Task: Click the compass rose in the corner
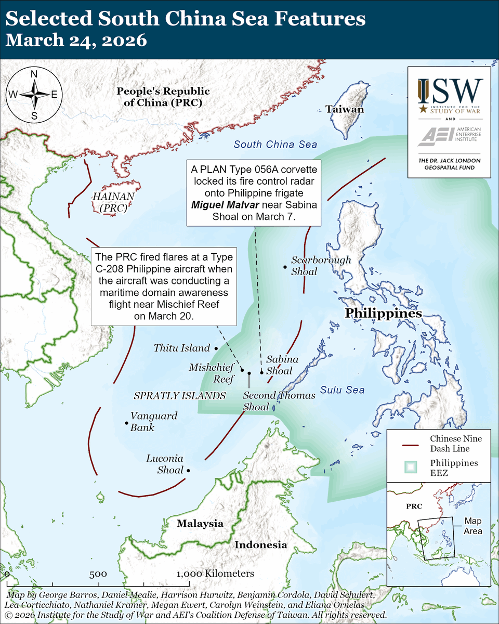34,95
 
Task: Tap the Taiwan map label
344,109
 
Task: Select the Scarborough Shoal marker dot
285,267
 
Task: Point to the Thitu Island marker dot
216,347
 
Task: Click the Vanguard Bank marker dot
127,423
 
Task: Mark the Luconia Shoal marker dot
188,470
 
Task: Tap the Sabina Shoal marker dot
261,373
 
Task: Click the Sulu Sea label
342,390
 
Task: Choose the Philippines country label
383,314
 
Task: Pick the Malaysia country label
200,523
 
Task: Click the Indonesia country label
260,545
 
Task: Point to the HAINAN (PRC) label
113,202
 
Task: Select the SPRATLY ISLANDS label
180,396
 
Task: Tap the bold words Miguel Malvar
223,204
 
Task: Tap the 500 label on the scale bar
98,574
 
